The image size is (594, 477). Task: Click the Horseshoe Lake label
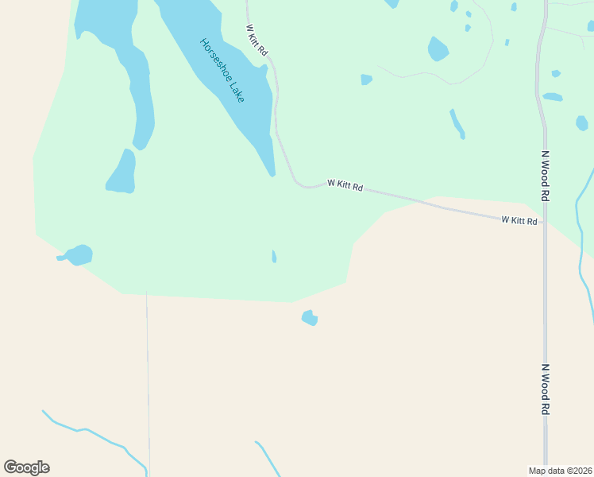pos(222,70)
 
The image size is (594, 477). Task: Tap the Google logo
pos(26,467)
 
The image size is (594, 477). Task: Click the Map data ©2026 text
pos(561,470)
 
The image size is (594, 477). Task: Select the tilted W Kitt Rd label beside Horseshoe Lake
pos(256,39)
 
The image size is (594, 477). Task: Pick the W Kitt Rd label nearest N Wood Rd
pos(519,220)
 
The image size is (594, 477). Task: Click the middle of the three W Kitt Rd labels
pos(345,185)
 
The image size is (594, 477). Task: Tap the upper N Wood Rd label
pos(546,175)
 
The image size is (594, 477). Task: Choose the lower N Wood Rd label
pos(546,389)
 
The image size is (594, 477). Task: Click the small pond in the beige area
pos(310,318)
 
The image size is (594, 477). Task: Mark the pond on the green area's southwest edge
pos(79,255)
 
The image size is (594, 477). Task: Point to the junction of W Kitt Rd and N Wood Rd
pos(544,223)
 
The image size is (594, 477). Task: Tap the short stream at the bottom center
pos(268,458)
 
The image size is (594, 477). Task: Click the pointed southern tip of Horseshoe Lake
pos(272,173)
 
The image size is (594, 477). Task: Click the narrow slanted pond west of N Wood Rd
pos(457,123)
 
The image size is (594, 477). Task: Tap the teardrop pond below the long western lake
pos(122,173)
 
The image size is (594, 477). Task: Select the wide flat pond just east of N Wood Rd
pos(553,97)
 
